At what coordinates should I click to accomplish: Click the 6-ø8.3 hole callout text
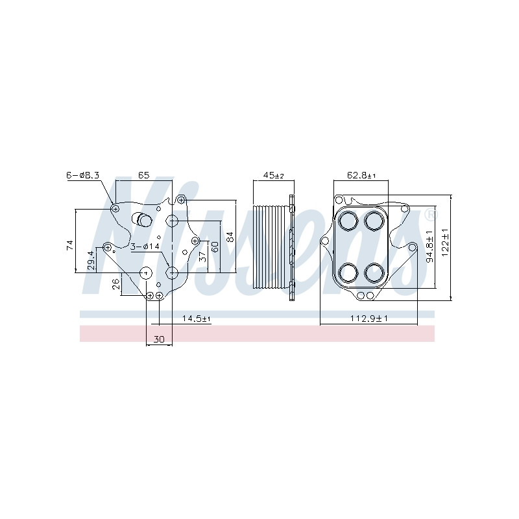coord(83,175)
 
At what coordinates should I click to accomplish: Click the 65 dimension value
coord(143,175)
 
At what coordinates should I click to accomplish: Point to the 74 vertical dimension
coord(70,245)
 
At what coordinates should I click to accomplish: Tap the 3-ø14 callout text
coord(145,247)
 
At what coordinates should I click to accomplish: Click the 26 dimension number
coord(116,284)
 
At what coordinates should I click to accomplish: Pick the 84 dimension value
coord(230,237)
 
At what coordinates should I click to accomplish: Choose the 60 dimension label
coord(215,247)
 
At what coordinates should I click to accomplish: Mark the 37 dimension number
coord(202,256)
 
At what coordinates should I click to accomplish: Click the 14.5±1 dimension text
coord(197,319)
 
